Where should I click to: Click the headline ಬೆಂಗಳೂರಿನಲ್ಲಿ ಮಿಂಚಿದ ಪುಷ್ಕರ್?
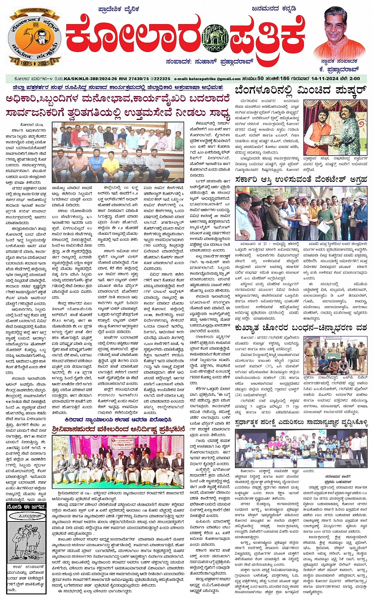(x=301, y=91)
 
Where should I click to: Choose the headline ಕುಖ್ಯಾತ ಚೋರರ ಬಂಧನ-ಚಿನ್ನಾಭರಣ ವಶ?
(x=301, y=328)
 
